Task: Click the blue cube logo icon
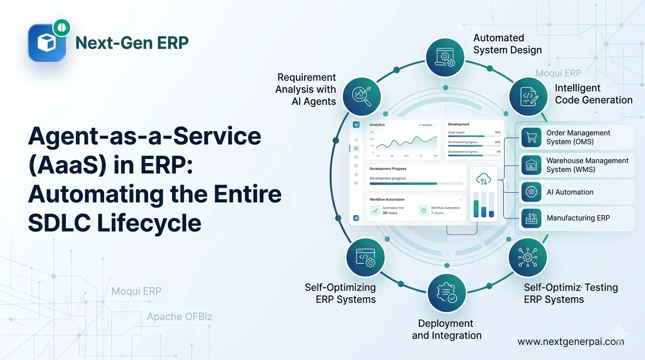click(x=46, y=43)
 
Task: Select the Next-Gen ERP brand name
click(x=132, y=43)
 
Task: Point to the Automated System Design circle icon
click(x=444, y=57)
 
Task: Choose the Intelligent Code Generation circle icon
click(x=528, y=96)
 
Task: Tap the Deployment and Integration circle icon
click(x=447, y=292)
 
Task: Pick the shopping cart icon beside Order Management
click(x=531, y=137)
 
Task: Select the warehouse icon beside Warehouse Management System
click(x=531, y=165)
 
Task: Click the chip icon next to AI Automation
click(x=531, y=192)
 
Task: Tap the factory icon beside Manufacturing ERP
click(x=531, y=218)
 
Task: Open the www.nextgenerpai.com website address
click(x=570, y=342)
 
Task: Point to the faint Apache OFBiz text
click(x=180, y=317)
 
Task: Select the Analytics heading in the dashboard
click(x=377, y=125)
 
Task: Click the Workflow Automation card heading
click(x=387, y=200)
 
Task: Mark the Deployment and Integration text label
click(x=447, y=330)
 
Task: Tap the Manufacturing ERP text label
click(x=578, y=218)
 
